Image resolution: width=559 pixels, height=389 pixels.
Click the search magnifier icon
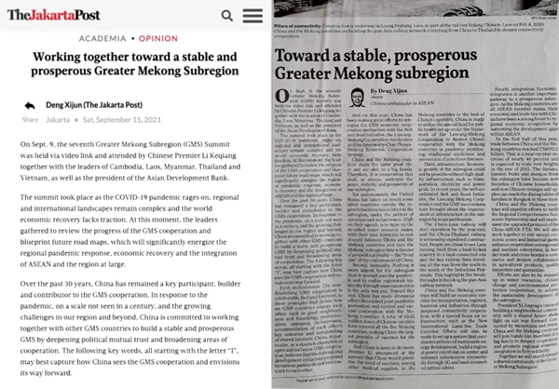(x=228, y=16)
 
